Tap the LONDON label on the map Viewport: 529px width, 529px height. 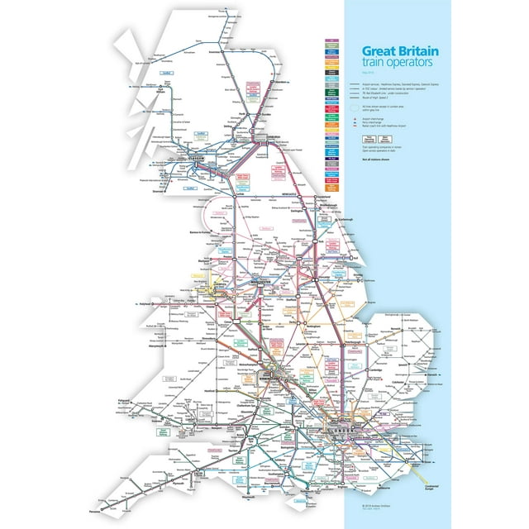[340, 433]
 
